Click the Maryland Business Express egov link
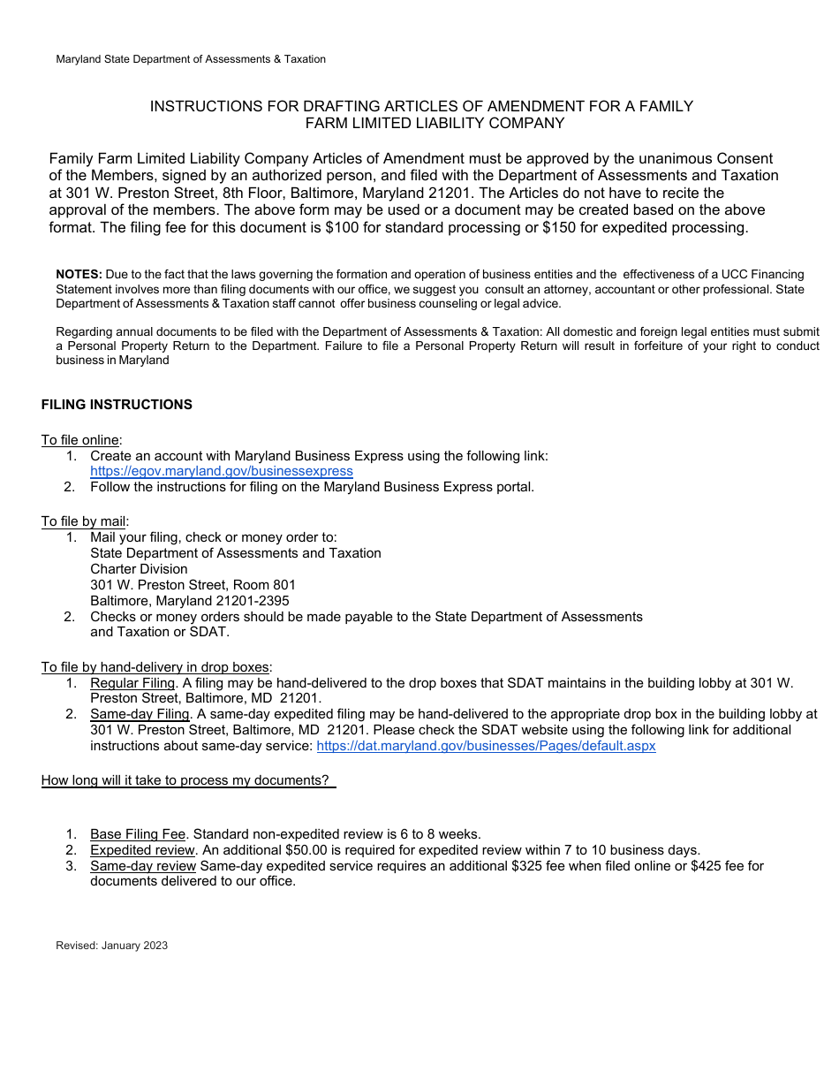(221, 471)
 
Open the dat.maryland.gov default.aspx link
(486, 746)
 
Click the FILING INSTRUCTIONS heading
(117, 405)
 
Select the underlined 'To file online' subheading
(81, 440)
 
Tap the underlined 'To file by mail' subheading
(84, 521)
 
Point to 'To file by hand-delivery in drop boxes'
(155, 667)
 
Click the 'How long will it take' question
(185, 780)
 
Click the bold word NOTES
(79, 275)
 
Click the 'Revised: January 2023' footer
(111, 946)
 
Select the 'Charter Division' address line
(139, 569)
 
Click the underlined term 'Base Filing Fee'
(138, 834)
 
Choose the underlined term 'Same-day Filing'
(140, 714)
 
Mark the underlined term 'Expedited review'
(141, 850)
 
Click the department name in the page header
(191, 59)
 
